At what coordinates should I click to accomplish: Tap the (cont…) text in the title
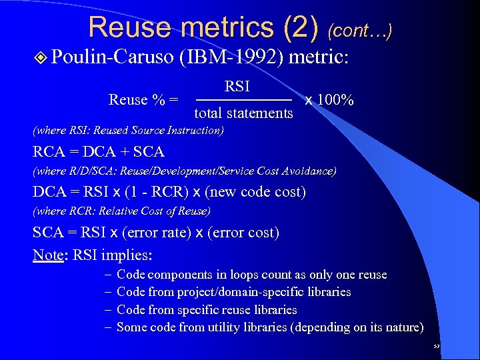pos(360,29)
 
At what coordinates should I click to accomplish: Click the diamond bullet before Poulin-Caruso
pos(42,57)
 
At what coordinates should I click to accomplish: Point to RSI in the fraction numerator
pos(237,86)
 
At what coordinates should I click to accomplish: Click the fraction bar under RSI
pos(243,100)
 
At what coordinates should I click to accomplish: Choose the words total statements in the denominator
pos(243,113)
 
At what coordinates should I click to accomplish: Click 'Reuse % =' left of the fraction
pos(143,100)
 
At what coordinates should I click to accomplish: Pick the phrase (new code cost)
pos(255,192)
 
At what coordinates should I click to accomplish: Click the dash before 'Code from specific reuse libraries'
pos(108,310)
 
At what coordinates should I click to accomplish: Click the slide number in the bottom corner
pos(437,347)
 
